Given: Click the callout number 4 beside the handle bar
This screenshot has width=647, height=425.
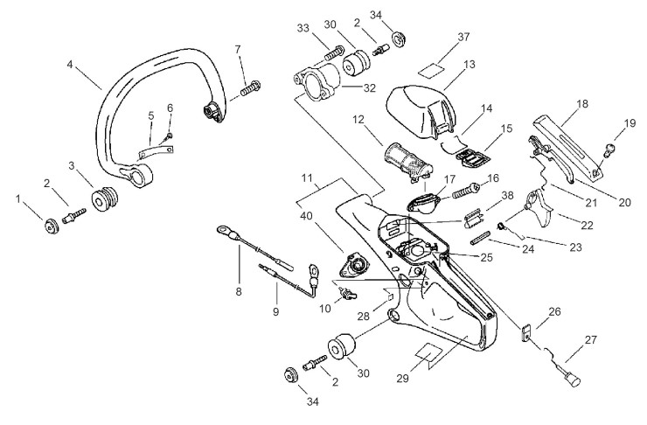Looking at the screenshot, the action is point(70,65).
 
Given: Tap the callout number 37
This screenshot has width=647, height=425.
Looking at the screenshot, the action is point(463,37).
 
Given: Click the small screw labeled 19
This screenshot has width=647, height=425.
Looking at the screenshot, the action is point(610,150).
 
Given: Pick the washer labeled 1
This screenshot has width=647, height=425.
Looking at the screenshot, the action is point(52,227).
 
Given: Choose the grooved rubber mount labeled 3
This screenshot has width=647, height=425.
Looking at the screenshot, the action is point(105,199).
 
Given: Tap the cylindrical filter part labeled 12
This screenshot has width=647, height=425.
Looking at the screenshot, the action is point(408,161).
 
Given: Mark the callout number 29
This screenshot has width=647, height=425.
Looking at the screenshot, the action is point(403,379).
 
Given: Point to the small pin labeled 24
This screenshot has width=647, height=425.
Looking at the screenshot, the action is point(481,238).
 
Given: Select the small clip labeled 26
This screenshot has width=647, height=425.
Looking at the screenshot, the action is point(525,333).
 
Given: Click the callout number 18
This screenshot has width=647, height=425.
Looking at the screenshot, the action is point(581,103).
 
